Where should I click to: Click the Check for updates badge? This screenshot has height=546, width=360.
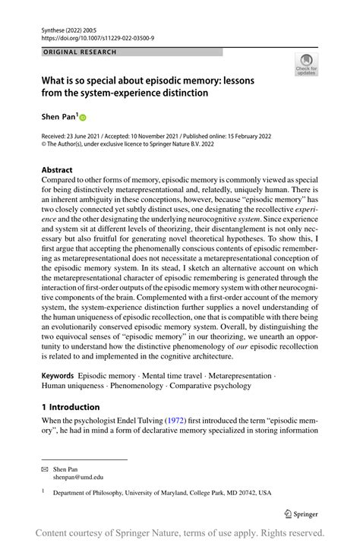307,65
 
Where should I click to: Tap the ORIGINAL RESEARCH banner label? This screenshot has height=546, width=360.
81,52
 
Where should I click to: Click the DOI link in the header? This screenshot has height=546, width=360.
92,36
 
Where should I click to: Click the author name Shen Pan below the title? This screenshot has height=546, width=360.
58,118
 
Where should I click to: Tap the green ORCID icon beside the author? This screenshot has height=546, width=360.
84,118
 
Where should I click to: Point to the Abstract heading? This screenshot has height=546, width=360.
58,170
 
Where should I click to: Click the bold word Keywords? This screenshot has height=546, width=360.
58,376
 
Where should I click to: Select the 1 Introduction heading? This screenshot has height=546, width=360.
70,407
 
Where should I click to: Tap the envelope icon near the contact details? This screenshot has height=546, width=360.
46,469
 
